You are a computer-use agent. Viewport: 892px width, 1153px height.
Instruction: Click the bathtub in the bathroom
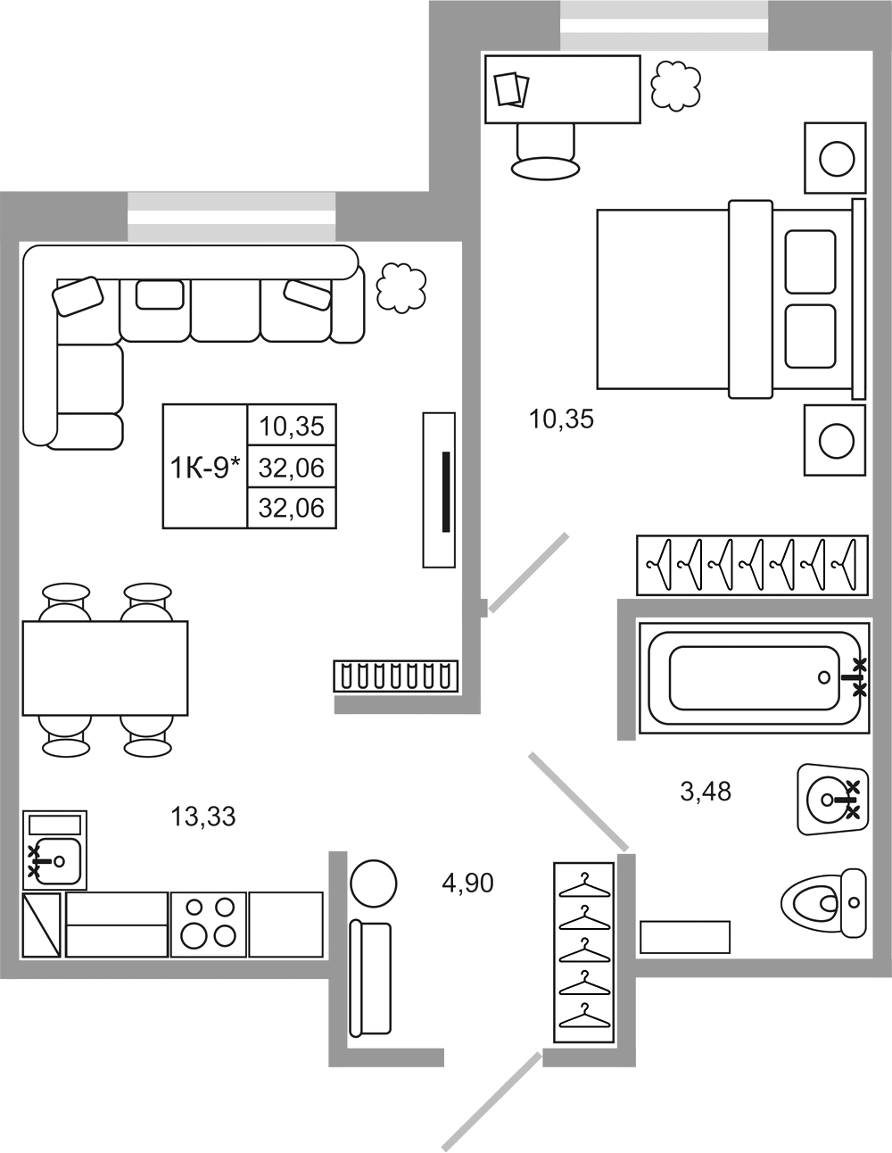[754, 677]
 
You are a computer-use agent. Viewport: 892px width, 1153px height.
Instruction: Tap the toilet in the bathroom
[824, 902]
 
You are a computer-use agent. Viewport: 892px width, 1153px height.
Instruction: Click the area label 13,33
[203, 817]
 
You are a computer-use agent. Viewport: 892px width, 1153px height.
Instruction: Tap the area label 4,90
[467, 883]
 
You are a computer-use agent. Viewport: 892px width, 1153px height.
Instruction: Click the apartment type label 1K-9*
[204, 468]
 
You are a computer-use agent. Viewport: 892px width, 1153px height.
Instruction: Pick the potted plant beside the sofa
[401, 288]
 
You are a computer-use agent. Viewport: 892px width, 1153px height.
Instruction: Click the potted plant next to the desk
[675, 86]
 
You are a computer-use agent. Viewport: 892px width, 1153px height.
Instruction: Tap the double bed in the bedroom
[731, 299]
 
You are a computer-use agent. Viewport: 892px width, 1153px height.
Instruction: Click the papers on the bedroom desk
[512, 89]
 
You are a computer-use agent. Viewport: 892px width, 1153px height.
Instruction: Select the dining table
[105, 668]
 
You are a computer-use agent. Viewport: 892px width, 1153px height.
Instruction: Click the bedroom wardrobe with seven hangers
[752, 565]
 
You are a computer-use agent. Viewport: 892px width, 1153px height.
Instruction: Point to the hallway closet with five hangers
[584, 952]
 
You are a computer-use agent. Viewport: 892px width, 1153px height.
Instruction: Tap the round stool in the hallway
[374, 884]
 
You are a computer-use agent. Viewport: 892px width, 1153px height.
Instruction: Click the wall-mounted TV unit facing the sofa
[439, 490]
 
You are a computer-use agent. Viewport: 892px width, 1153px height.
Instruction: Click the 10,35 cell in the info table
[292, 426]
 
